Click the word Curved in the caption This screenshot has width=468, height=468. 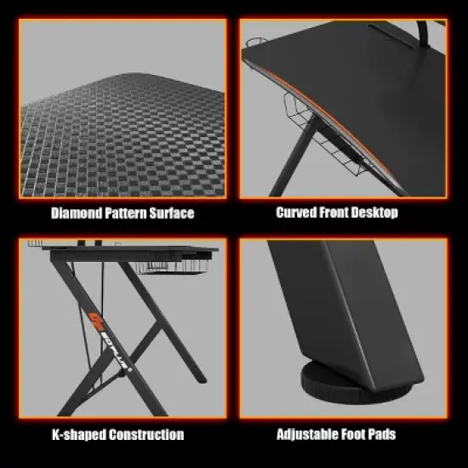tap(295, 212)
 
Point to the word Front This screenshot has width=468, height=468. tap(336, 212)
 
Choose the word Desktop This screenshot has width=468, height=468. tap(376, 212)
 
